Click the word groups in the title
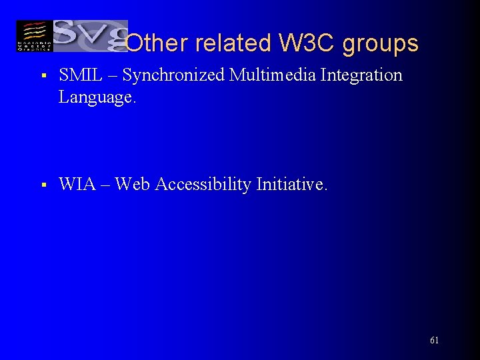(x=380, y=44)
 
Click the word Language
(x=97, y=97)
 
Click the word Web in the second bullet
(x=133, y=184)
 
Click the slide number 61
(x=434, y=340)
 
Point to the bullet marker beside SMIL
(x=42, y=77)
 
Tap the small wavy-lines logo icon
(x=33, y=36)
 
